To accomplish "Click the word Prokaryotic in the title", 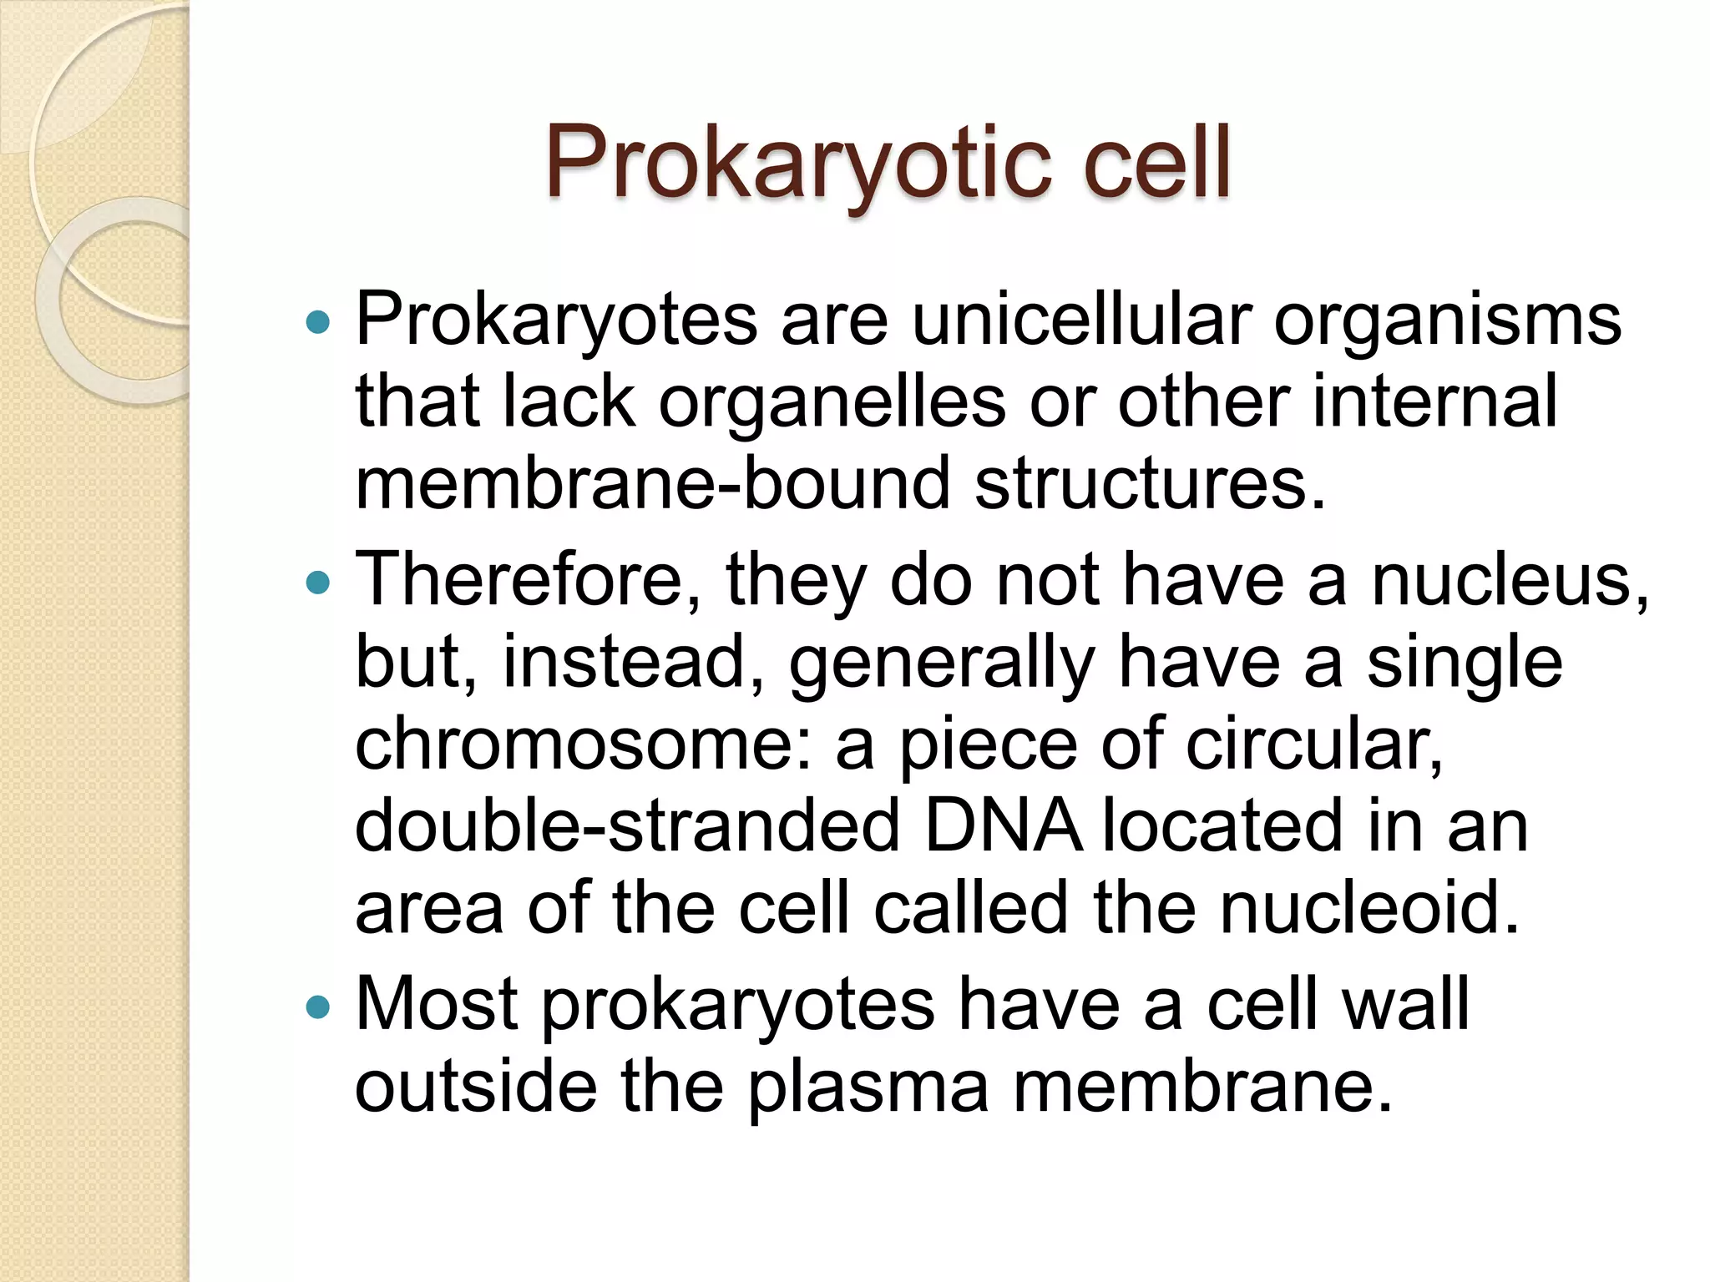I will click(798, 164).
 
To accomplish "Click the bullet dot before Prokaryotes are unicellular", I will click(318, 322).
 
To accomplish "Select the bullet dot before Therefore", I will click(318, 582).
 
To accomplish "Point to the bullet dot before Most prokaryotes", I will click(318, 1007).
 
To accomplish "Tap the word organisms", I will click(1447, 322).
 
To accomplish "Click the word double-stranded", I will click(627, 826).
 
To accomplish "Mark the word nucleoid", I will click(1369, 908).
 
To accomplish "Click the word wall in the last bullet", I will click(1404, 1006).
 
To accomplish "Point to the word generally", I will click(942, 664).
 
